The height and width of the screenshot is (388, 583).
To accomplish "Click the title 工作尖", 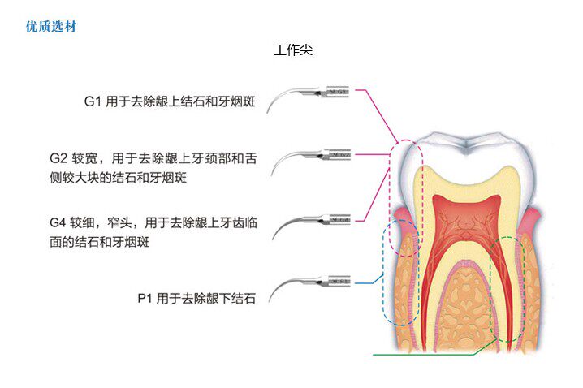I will (293, 50).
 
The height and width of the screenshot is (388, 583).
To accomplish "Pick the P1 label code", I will (145, 299).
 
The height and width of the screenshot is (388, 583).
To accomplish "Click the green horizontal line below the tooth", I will (422, 355).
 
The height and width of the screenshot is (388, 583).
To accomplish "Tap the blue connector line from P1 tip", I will (369, 282).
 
